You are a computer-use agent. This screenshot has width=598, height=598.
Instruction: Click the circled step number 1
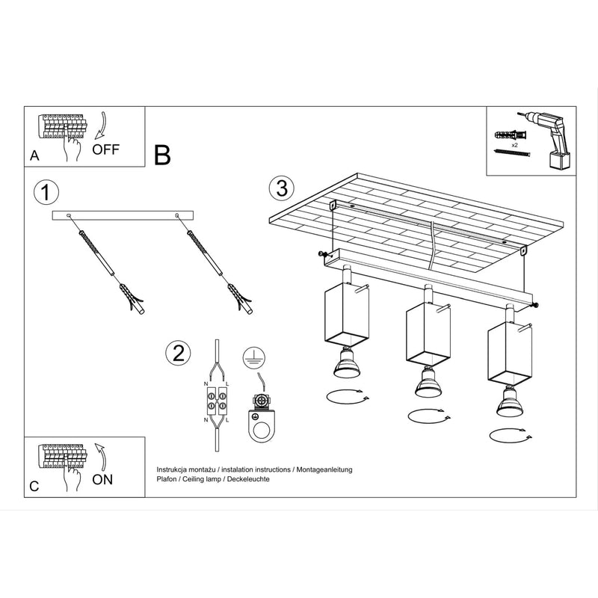point(46,193)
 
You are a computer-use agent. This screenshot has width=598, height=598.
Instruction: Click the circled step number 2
point(177,353)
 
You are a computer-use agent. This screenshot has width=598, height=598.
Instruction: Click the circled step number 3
point(281,188)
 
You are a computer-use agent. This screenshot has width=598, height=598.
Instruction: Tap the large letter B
point(162,155)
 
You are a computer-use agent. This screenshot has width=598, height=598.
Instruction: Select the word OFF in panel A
point(105,149)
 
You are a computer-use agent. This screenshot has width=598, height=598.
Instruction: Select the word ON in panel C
point(102,479)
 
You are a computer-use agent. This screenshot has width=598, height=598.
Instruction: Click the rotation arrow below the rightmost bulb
point(509,434)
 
